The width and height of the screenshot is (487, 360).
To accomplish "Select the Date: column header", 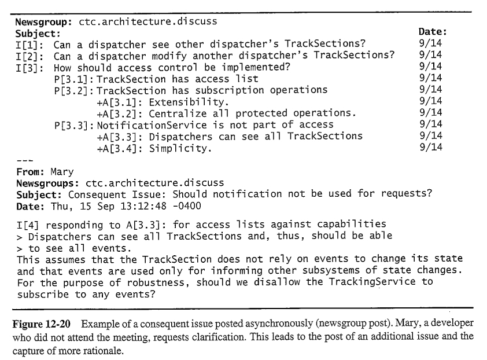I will (432, 33).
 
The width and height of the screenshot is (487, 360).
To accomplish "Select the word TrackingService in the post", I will (376, 282).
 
